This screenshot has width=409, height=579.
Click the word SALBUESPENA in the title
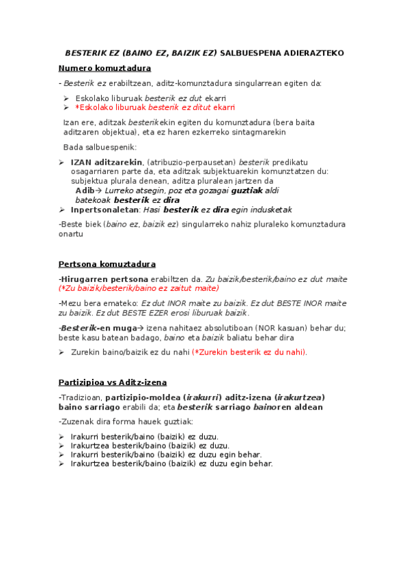pos(250,53)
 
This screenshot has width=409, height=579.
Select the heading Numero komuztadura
pos(104,68)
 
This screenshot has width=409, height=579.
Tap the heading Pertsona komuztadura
pos(107,264)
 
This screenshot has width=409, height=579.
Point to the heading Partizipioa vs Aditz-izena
pos(113,382)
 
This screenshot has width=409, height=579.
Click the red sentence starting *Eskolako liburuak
pos(155,108)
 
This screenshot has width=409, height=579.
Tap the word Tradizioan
pos(81,397)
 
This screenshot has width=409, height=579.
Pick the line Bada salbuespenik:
pos(100,147)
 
